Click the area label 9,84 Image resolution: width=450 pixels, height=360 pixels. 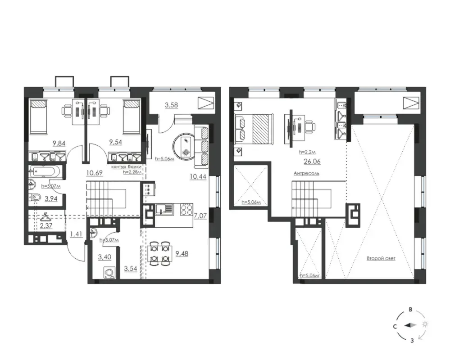(x=59, y=143)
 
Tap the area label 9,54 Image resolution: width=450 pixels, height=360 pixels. (x=116, y=142)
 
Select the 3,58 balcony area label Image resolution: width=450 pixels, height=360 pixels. (x=171, y=105)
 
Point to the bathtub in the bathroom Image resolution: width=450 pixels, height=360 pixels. (x=45, y=172)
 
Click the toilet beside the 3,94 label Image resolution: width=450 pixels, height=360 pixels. (x=35, y=197)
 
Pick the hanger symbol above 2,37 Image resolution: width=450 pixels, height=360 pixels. (x=46, y=217)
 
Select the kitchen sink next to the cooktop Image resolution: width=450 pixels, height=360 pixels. (x=164, y=209)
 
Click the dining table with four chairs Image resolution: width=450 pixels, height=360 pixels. (x=160, y=253)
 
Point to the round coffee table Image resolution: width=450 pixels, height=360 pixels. (x=184, y=147)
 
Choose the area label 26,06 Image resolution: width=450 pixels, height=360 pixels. (x=312, y=162)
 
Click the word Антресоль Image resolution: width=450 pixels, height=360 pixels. (x=306, y=173)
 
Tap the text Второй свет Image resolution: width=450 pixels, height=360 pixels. (x=381, y=259)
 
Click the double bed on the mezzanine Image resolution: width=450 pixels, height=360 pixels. (x=254, y=129)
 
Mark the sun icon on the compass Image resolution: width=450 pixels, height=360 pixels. (x=425, y=324)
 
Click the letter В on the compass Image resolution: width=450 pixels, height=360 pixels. (x=411, y=310)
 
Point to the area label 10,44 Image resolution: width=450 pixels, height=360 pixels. (x=198, y=177)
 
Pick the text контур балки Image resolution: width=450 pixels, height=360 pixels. (x=127, y=166)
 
